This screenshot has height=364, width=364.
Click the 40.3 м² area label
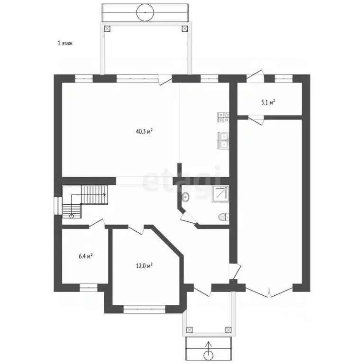pos(144,132)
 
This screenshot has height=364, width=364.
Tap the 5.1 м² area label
pos(268,102)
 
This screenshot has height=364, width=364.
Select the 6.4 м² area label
pos(86,256)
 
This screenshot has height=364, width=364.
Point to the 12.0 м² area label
pos(144,265)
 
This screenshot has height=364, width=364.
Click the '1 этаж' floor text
pos(65,43)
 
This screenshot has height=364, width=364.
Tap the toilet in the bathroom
pos(224,217)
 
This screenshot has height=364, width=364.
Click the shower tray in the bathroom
pos(220,193)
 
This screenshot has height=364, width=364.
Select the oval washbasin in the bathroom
pos(185,197)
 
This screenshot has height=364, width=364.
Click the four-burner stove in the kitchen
pos(223,117)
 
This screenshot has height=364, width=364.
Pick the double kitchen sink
pos(223,140)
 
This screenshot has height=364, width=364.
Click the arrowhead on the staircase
pos(104,194)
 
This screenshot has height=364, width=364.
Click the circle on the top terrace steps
pos(145,13)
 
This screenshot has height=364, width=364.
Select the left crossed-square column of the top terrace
pos(107,29)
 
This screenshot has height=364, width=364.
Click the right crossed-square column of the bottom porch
pos(228,330)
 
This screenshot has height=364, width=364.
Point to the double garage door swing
pos(269,292)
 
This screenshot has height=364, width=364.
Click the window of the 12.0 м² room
pos(145,309)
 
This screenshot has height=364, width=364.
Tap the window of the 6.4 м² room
pos(89,288)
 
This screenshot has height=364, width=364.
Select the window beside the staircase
pos(58,206)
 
